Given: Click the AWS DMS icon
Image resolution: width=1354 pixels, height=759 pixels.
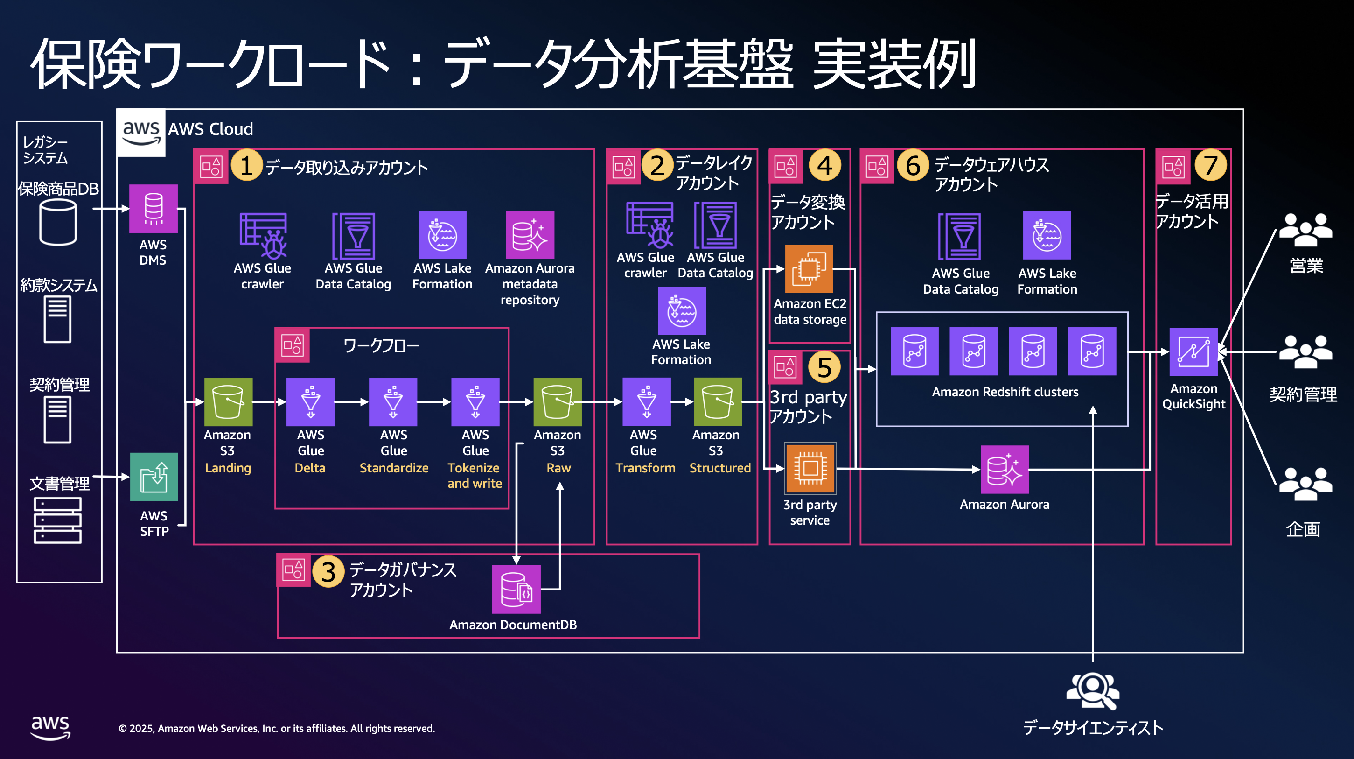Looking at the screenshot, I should [x=153, y=208].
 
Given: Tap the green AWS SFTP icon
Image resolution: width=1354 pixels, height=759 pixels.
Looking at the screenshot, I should [x=154, y=477].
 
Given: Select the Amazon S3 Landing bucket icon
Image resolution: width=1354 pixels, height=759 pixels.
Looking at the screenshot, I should [x=228, y=401].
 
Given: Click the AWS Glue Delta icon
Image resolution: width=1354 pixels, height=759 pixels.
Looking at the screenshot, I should [x=310, y=401].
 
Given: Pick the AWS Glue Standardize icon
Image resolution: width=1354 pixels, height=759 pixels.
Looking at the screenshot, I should [x=393, y=401].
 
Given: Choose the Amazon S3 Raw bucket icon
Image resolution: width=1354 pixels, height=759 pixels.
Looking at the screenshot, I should [x=557, y=401].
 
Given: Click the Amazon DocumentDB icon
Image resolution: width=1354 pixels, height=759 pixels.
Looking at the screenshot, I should [x=516, y=589].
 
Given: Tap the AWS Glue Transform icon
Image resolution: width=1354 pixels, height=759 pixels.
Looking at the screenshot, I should [x=646, y=401].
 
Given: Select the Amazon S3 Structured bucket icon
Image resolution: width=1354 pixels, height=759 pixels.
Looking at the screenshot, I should [x=718, y=401].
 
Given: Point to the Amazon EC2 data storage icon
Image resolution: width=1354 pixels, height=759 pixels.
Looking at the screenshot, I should [x=809, y=269].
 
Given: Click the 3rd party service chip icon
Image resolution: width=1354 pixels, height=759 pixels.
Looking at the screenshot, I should [x=810, y=468].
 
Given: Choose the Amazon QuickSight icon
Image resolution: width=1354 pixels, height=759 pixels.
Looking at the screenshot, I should [x=1193, y=351].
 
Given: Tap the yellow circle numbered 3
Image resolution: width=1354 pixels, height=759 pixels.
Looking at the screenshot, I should [x=328, y=572].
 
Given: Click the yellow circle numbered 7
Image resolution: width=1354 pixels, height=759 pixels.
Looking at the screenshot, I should [x=1210, y=165].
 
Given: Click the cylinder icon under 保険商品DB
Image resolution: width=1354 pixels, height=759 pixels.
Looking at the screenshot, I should [x=58, y=223].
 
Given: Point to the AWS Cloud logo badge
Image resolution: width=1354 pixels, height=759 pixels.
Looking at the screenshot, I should [x=141, y=133].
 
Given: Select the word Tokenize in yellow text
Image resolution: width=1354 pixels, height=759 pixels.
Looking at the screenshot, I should [x=473, y=468].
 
